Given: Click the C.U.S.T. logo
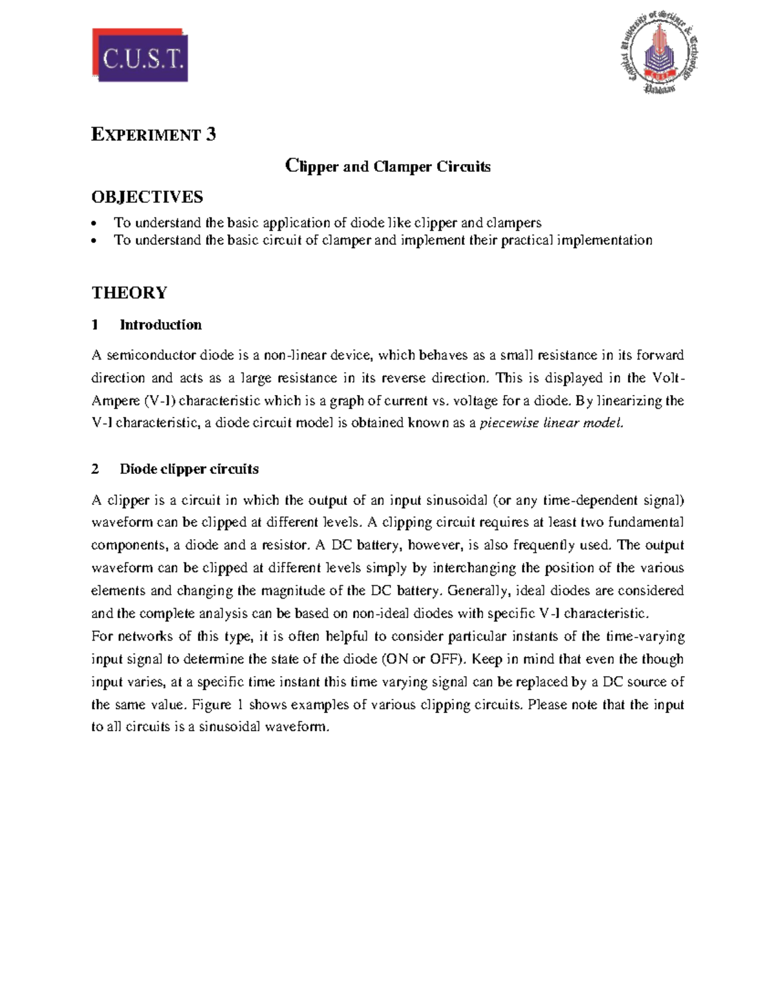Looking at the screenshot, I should tap(140, 55).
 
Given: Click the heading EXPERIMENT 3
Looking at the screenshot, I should tap(154, 134).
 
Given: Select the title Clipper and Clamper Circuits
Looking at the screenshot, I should tap(388, 166).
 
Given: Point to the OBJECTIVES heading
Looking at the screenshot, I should tap(147, 197).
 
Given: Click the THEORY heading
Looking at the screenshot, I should tap(129, 293).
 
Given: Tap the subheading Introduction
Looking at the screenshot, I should tap(160, 325).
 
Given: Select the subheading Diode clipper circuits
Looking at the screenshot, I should tap(189, 469).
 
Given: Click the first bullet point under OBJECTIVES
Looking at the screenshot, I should tap(327, 223).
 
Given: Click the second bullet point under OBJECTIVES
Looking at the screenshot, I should tap(383, 240).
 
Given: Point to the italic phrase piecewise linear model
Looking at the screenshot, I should tap(552, 423).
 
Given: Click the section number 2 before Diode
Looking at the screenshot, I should tap(95, 469).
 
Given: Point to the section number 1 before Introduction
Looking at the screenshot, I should tap(95, 325).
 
